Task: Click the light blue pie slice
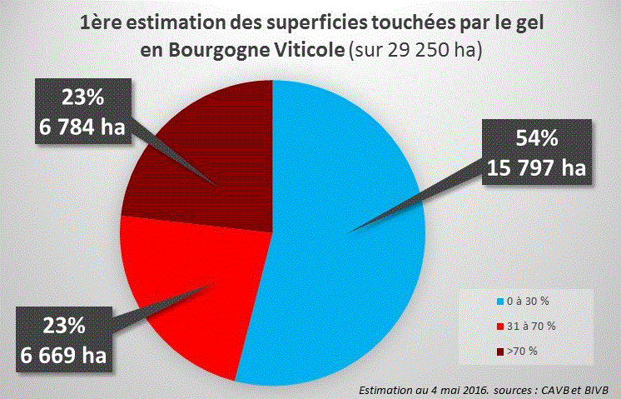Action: pos(350,275)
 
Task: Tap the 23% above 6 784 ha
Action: pos(82,97)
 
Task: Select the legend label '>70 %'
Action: pos(522,352)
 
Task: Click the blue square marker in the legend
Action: pos(499,300)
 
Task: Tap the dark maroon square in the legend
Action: pos(499,352)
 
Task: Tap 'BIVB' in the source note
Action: pos(596,389)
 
